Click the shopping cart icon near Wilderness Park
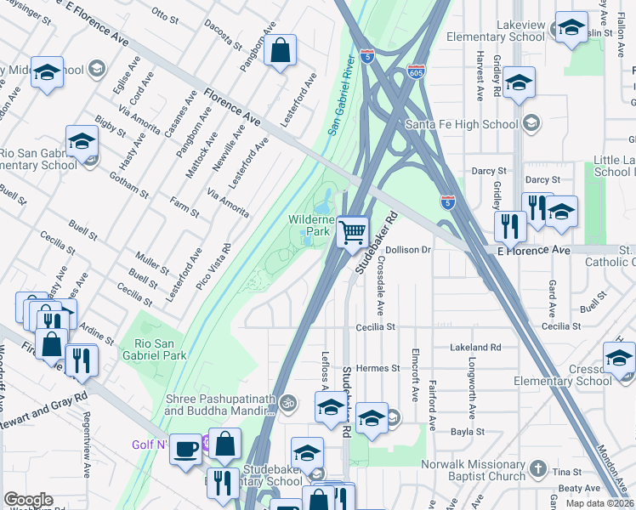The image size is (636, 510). [351, 231]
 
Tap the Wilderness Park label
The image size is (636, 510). [309, 225]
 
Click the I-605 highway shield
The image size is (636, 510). [416, 71]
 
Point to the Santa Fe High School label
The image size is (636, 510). [462, 124]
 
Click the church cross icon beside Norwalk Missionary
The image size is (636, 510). [537, 468]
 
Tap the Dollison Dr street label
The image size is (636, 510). [409, 250]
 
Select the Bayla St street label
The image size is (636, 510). [468, 431]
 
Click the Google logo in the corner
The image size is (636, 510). [28, 500]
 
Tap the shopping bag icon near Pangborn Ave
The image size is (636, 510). [279, 51]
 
